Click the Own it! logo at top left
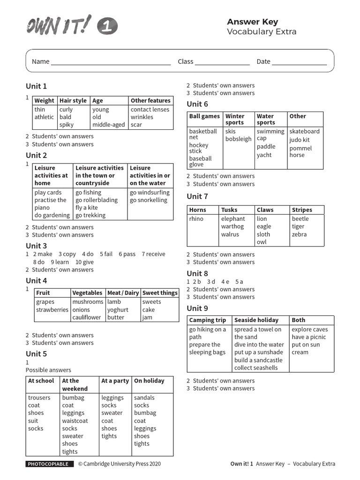(x=71, y=25)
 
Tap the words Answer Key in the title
(x=252, y=22)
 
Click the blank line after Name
(x=111, y=62)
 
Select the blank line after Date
(x=299, y=62)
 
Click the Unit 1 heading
(x=36, y=86)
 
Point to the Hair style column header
(x=73, y=100)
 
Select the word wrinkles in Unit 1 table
(x=142, y=117)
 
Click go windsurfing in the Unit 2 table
(x=150, y=193)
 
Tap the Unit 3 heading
(x=36, y=246)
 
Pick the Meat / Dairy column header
(x=123, y=293)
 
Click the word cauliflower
(x=86, y=317)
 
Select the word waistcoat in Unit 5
(x=75, y=421)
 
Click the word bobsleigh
(x=238, y=139)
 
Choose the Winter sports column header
(x=235, y=119)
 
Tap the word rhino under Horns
(x=196, y=219)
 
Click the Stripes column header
(x=301, y=210)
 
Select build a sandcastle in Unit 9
(x=258, y=360)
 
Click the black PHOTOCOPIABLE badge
(x=50, y=464)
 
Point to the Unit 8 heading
(x=197, y=274)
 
